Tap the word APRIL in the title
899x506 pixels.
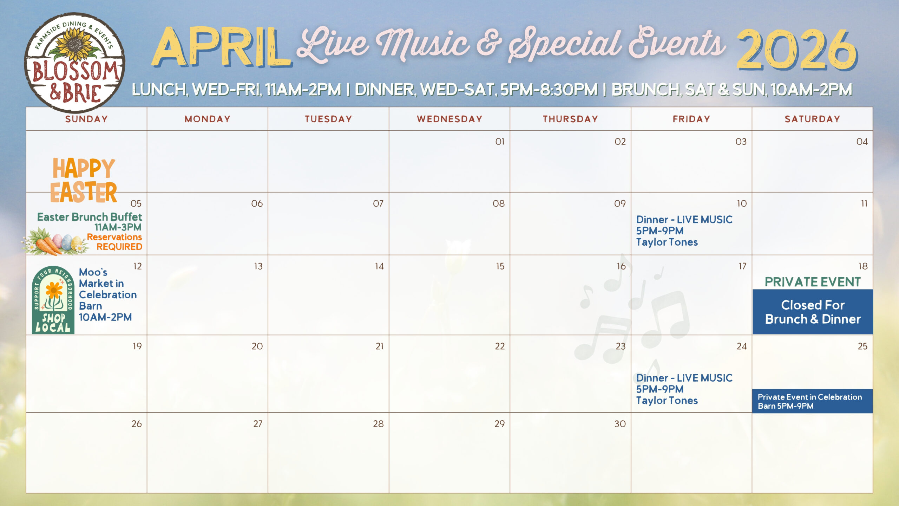(x=221, y=47)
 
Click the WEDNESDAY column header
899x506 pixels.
(x=449, y=119)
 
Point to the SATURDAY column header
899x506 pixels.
(x=812, y=119)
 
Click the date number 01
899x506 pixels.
(x=500, y=142)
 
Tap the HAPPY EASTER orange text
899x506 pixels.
(x=84, y=180)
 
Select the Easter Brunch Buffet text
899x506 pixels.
(x=90, y=217)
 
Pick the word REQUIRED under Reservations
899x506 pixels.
(x=119, y=247)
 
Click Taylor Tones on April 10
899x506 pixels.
(x=667, y=242)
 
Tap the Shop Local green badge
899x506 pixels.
(x=53, y=300)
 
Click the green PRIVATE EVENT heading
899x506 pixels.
(x=813, y=282)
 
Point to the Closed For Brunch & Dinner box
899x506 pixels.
(x=813, y=312)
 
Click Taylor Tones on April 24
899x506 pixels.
(x=667, y=401)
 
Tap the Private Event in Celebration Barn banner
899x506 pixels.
(x=812, y=401)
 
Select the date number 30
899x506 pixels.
(x=620, y=424)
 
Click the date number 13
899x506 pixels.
(x=258, y=266)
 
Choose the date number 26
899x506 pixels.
(x=137, y=424)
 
